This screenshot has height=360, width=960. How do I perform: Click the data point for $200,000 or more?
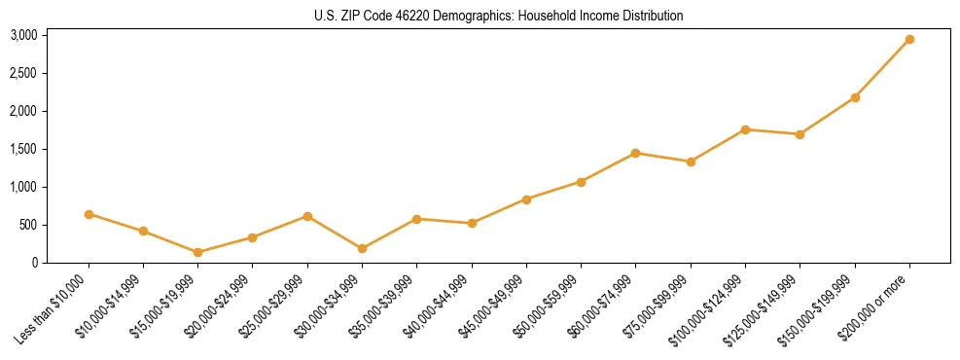[x=909, y=40]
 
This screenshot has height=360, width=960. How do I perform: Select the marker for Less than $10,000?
[x=89, y=214]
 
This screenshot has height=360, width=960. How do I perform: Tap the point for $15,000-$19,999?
[x=198, y=252]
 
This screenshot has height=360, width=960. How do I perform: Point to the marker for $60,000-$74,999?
[x=635, y=153]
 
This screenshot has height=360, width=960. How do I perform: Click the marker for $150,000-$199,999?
[x=855, y=97]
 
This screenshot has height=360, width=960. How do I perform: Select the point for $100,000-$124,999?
[x=745, y=129]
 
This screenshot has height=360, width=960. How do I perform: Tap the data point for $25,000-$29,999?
[x=307, y=216]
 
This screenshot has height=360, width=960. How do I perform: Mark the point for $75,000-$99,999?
[x=691, y=162]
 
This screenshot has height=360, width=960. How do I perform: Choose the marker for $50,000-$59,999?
[x=581, y=182]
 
